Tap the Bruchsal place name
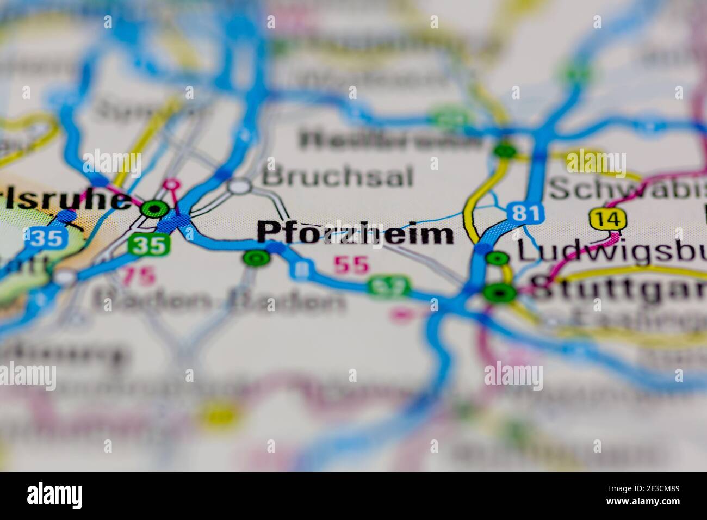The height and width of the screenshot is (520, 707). point(337,177)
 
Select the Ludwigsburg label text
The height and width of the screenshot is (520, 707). point(609,251)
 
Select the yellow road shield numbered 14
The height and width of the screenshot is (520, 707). point(607,220)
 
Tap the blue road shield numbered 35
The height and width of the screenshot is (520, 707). point(46,239)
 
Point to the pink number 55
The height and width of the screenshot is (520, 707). point(351,265)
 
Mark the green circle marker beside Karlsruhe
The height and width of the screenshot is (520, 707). point(154,208)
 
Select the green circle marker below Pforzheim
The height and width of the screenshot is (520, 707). point(256,258)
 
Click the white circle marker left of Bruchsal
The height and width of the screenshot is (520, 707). point(239,187)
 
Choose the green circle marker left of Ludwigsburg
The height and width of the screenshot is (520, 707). point(497,258)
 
